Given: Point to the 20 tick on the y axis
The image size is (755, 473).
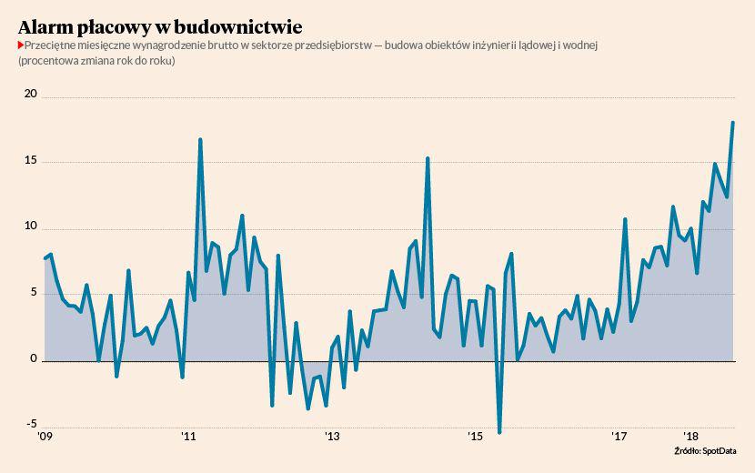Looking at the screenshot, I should pyautogui.click(x=31, y=94).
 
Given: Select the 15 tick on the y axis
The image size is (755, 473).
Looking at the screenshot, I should pyautogui.click(x=31, y=160).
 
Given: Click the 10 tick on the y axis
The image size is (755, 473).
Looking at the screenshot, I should pyautogui.click(x=31, y=226).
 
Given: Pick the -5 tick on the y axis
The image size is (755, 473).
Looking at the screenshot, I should pyautogui.click(x=32, y=424).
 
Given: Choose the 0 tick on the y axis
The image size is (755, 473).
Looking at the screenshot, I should pyautogui.click(x=35, y=358).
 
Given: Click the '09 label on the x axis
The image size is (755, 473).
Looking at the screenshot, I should pyautogui.click(x=44, y=437).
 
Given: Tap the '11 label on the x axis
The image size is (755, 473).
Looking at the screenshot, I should pyautogui.click(x=187, y=437).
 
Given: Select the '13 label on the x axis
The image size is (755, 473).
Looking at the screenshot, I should pyautogui.click(x=332, y=437).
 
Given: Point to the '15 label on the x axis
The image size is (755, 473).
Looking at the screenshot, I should pyautogui.click(x=476, y=437).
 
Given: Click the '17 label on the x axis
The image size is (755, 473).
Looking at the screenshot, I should pyautogui.click(x=620, y=437).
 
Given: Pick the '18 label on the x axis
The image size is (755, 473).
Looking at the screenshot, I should pyautogui.click(x=692, y=437).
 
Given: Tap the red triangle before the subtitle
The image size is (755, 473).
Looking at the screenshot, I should pyautogui.click(x=20, y=45).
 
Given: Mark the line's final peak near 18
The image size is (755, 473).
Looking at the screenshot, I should pyautogui.click(x=733, y=123).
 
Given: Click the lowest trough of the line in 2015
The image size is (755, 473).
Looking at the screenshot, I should pyautogui.click(x=499, y=432).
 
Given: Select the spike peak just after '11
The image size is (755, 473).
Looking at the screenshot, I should pyautogui.click(x=200, y=140).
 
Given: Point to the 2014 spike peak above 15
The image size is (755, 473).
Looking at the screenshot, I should pyautogui.click(x=428, y=158).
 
